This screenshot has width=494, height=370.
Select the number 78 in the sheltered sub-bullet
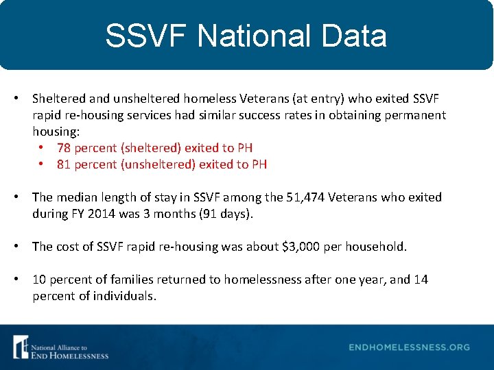click(64, 148)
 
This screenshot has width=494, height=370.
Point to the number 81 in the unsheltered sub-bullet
click(64, 164)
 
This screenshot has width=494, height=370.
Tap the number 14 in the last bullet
click(421, 280)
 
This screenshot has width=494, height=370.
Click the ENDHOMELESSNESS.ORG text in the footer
click(409, 347)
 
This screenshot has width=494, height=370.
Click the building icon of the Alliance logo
click(21, 347)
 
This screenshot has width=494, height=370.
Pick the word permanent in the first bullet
click(416, 115)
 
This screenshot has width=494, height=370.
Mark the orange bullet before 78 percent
click(42, 148)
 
